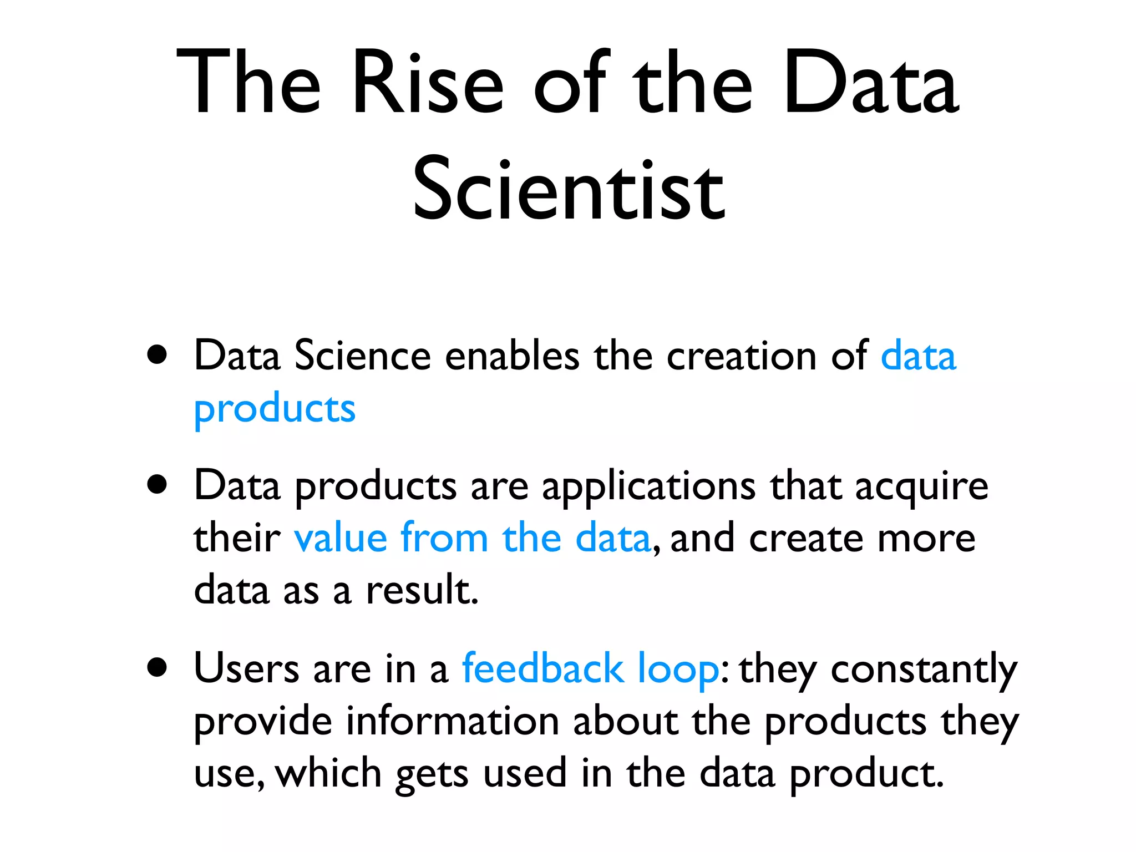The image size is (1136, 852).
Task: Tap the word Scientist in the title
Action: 569,189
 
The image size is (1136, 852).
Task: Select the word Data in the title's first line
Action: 871,83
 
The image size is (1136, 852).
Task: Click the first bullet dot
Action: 158,354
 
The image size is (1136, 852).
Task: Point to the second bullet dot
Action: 158,484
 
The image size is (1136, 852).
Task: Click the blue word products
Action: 275,409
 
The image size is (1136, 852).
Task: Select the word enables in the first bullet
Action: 512,356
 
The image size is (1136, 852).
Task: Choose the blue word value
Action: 341,537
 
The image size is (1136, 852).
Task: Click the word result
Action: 422,590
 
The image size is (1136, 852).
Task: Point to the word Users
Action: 246,668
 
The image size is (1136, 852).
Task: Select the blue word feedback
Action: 542,668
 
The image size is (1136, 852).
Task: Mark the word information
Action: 453,722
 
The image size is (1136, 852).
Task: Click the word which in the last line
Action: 328,773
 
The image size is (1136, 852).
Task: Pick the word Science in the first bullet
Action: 362,356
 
